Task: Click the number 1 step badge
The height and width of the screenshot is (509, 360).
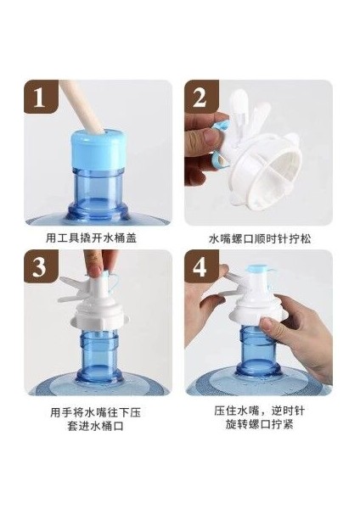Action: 41,97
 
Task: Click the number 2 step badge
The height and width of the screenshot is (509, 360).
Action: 201,97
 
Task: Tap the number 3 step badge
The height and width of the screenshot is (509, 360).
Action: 41,266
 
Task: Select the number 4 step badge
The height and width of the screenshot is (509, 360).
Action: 201,266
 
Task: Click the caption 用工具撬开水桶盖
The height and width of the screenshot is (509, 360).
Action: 92,238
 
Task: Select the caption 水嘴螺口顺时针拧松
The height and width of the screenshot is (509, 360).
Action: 260,238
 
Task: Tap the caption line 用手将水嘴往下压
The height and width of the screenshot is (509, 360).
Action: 96,413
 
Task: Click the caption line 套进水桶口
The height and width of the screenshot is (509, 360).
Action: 96,426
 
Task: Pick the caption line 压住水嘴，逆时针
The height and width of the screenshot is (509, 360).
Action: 260,411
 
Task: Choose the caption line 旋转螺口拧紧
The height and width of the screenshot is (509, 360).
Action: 260,424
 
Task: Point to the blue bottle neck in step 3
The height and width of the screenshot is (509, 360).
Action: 99,355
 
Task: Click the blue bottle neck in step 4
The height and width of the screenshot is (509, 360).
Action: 259,351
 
